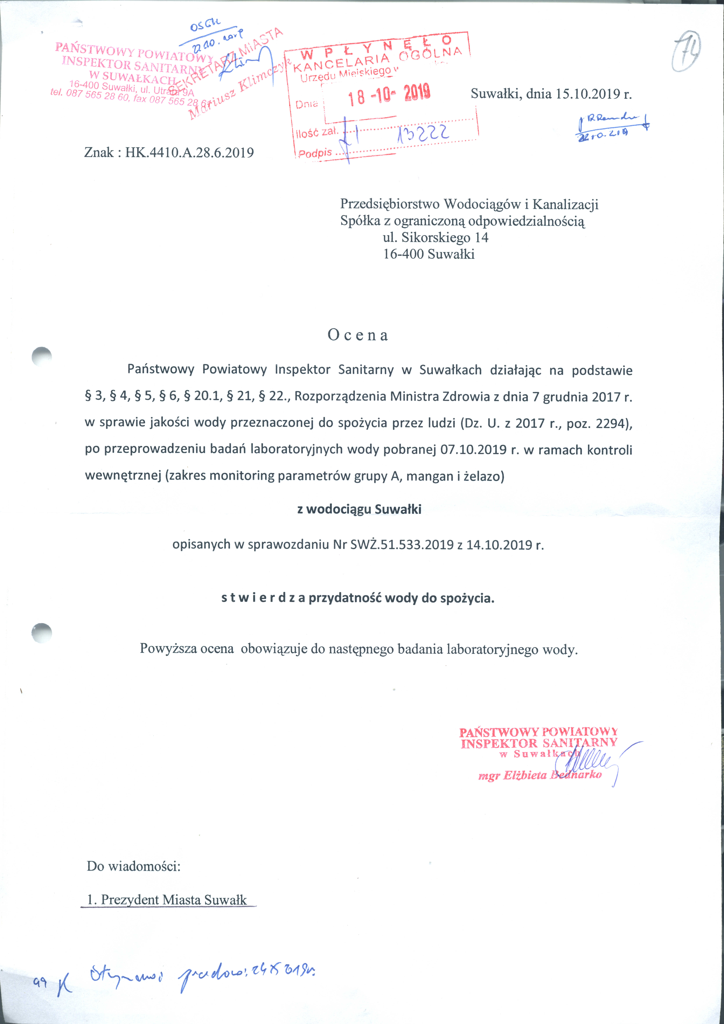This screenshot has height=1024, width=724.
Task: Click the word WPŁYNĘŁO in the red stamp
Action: pyautogui.click(x=377, y=47)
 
